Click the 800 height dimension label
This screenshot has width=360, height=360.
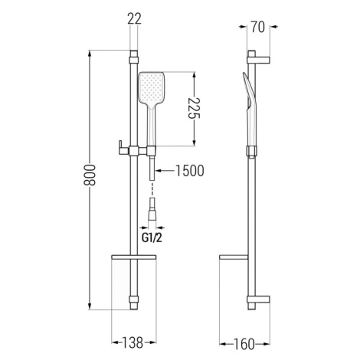coord(90,175)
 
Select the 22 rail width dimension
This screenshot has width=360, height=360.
coord(134,18)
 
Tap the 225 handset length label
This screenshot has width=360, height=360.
coord(194,108)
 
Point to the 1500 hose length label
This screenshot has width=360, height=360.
coord(190,171)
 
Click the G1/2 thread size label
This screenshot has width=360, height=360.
coord(152,238)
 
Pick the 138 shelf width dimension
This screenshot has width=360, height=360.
coord(133,342)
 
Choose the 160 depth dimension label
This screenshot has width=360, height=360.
coord(244,344)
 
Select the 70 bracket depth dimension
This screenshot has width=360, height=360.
coord(258,27)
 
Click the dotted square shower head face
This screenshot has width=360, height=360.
coord(151,87)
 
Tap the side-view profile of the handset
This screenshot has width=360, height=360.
coord(250,110)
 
